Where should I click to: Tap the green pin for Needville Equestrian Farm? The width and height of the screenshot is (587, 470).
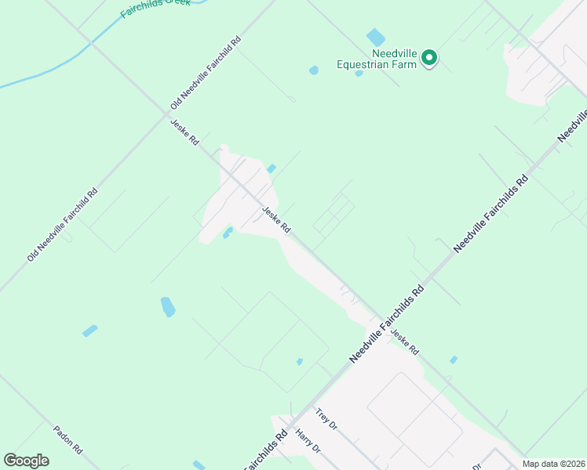(x=429, y=58)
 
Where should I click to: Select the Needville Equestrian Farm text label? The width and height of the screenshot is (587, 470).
(x=376, y=59)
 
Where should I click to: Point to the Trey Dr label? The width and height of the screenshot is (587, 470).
(x=326, y=420)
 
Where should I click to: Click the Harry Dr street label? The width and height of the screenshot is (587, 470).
(x=308, y=441)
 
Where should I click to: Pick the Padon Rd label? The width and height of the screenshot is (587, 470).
(x=67, y=441)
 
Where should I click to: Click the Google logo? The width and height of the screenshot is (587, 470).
(x=26, y=461)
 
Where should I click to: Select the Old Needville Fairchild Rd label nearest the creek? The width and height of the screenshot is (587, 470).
(x=206, y=73)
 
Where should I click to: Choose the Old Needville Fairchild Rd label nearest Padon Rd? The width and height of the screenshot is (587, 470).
(x=62, y=225)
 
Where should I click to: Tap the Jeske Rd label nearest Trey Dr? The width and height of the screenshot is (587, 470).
(x=405, y=339)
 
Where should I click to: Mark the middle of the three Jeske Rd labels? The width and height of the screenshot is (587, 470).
(x=276, y=219)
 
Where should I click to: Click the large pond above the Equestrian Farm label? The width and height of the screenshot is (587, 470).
(x=376, y=36)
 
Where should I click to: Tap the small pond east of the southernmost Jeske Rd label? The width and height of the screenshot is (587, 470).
(x=453, y=360)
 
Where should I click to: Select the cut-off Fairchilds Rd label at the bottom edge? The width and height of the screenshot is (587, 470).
(x=266, y=452)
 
